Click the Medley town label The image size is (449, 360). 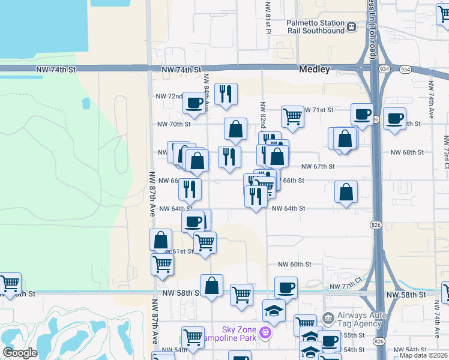(315, 70)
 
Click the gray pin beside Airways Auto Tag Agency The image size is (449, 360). (328, 317)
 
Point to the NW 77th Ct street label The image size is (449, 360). (349, 282)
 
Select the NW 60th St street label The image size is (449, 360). (294, 264)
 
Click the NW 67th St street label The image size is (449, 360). (318, 166)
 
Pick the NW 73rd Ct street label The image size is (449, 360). (446, 150)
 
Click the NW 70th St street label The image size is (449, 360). (174, 124)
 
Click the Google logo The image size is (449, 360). (20, 352)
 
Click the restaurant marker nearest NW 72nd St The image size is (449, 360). (226, 94)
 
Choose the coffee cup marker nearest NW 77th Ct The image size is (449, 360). (286, 287)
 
